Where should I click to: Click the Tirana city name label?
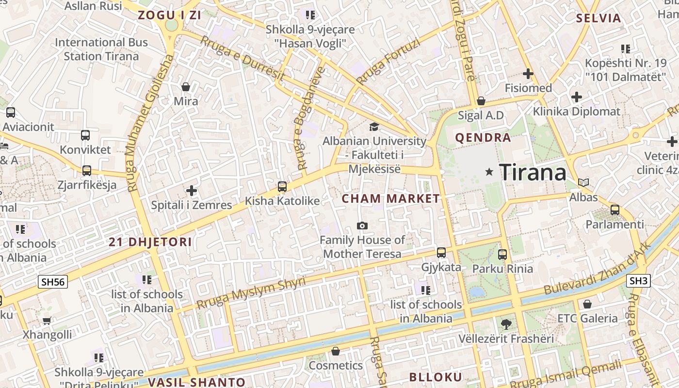tap(533, 172)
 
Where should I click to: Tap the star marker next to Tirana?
tap(489, 172)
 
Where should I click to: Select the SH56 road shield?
tap(53, 282)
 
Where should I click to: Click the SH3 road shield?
tap(639, 280)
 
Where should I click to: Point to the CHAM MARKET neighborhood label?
tap(391, 198)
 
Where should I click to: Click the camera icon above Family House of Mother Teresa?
tap(362, 226)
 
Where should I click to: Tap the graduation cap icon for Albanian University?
tap(374, 127)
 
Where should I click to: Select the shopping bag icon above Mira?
tap(185, 87)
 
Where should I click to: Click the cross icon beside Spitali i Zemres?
tap(192, 191)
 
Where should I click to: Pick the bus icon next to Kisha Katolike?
tap(282, 186)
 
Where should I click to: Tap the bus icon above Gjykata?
tap(441, 252)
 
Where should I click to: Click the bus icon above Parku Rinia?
tap(502, 254)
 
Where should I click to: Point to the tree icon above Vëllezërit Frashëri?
tap(506, 323)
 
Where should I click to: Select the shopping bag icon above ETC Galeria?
tap(587, 304)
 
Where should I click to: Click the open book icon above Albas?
tap(583, 183)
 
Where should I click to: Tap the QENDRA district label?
tap(483, 138)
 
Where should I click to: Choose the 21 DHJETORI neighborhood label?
tap(150, 242)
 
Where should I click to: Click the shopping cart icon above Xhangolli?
tap(47, 321)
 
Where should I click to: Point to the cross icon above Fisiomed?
tap(528, 74)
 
